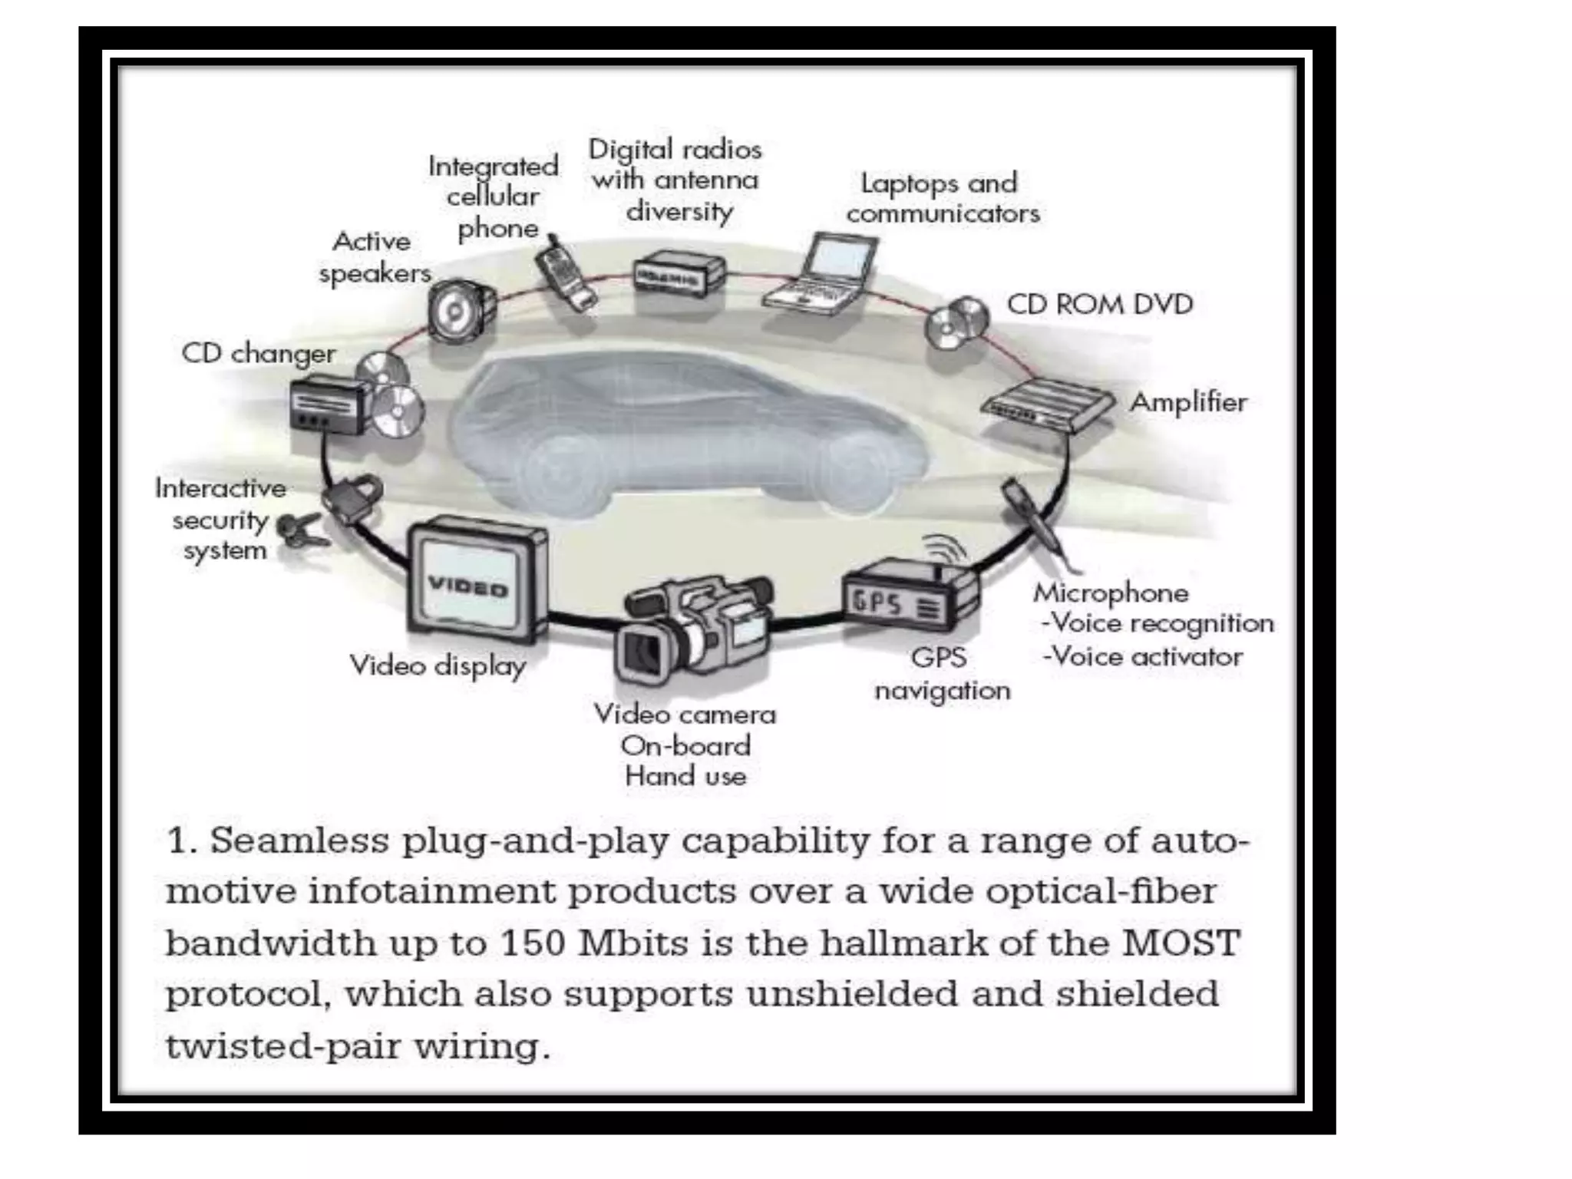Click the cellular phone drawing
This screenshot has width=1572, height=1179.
click(x=566, y=275)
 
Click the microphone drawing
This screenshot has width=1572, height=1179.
click(x=1036, y=522)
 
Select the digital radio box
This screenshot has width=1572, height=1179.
click(x=677, y=275)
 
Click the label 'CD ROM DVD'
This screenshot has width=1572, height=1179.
click(x=1099, y=305)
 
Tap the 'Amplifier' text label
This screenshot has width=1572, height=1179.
click(x=1188, y=402)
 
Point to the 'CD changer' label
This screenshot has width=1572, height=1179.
click(x=258, y=354)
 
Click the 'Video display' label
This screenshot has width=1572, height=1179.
click(x=438, y=665)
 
